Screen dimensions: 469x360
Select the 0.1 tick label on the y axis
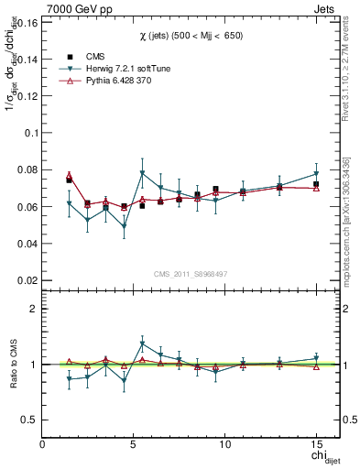(30, 132)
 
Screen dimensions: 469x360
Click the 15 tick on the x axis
(316, 444)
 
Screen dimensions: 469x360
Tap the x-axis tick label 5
(134, 444)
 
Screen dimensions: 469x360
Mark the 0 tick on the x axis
(43, 444)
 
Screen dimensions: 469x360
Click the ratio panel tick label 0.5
(27, 420)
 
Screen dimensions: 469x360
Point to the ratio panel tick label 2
(33, 309)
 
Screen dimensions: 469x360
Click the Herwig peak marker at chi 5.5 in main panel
(142, 173)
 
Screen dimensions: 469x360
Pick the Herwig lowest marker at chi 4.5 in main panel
(124, 225)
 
